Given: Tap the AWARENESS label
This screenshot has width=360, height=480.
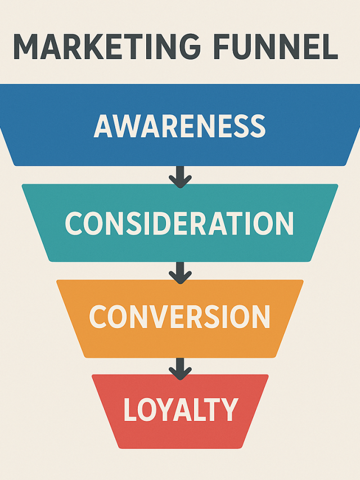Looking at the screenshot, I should tap(179, 126).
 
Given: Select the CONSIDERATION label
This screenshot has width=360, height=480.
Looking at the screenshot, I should tap(179, 223).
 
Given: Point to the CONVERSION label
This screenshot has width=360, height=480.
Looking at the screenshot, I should tap(179, 317).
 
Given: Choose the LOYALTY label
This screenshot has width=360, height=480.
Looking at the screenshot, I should tap(181, 410).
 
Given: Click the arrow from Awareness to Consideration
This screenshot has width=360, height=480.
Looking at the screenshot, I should tap(180, 177).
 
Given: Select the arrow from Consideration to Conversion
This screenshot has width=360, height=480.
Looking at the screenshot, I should tap(180, 272).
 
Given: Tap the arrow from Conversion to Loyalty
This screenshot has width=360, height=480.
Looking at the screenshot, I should tap(180, 369).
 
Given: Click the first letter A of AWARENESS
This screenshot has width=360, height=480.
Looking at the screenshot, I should tap(105, 126).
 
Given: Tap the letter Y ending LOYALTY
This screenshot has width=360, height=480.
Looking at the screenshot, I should tap(229, 410).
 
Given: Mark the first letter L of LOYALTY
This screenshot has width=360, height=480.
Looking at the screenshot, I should tap(130, 410).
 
